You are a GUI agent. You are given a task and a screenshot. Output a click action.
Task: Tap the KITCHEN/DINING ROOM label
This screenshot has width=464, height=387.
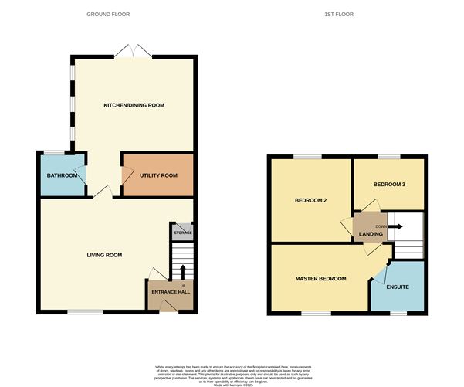[134, 105]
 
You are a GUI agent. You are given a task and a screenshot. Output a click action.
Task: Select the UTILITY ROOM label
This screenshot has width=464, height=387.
[158, 175]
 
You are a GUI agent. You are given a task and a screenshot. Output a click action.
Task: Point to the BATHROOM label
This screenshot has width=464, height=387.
[62, 175]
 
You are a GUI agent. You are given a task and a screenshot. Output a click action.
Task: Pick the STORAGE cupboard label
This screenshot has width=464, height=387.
[182, 232]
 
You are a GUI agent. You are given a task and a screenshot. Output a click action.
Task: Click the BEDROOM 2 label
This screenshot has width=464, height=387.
[311, 200]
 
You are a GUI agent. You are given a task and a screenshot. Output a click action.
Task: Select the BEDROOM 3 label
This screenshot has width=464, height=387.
[388, 185]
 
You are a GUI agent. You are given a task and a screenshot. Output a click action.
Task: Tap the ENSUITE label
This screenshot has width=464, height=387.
[398, 285]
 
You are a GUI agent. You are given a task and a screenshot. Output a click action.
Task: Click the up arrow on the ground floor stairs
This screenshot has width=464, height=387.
[183, 271]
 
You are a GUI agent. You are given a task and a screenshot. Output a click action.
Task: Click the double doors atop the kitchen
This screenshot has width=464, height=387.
[134, 53]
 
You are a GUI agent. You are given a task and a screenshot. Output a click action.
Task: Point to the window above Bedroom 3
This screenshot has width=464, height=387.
[388, 157]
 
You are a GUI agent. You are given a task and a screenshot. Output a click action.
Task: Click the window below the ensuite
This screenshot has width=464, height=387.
[398, 313]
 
